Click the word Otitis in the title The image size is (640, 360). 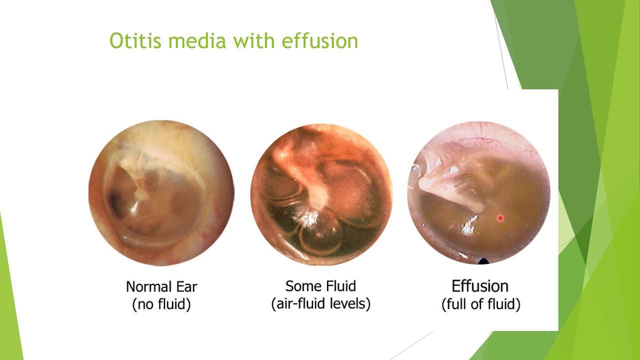(x=135, y=40)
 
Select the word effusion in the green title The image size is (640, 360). (x=319, y=40)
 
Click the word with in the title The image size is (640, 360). (x=253, y=40)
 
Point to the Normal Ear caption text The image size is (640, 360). (x=161, y=286)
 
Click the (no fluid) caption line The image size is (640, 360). (x=161, y=304)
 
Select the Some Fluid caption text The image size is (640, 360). (x=320, y=286)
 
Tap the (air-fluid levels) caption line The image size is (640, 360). (x=320, y=303)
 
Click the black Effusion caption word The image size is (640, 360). (x=480, y=286)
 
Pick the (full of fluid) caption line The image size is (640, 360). (x=481, y=304)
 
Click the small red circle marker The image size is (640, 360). (x=500, y=218)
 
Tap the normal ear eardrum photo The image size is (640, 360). (x=161, y=193)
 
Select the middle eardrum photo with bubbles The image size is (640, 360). (x=321, y=194)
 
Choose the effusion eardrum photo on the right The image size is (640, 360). (x=479, y=193)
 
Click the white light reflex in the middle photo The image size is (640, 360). (x=307, y=218)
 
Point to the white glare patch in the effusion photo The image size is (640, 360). (x=468, y=225)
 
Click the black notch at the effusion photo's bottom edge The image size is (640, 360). (x=483, y=261)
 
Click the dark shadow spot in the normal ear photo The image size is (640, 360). (x=115, y=197)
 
